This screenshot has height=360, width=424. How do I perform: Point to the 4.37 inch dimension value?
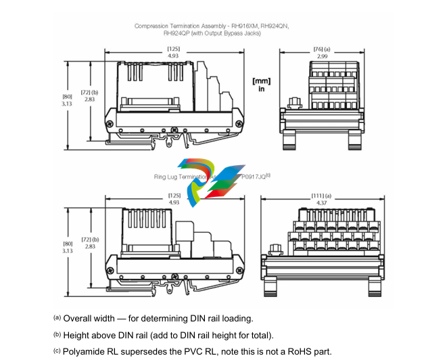(x=321, y=202)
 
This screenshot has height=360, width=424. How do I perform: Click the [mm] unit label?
(x=261, y=81)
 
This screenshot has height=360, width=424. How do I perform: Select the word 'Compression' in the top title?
(x=153, y=26)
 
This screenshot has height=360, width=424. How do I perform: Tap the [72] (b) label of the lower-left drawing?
(x=89, y=240)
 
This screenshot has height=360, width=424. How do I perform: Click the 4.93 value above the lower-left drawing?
(x=174, y=202)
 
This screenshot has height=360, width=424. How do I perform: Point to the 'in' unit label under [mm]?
(x=261, y=89)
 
